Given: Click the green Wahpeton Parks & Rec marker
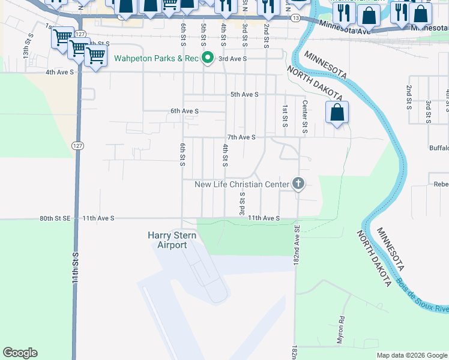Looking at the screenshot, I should tap(208, 58).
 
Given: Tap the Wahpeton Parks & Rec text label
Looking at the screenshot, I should tap(157, 59).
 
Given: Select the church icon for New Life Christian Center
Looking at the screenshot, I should tap(298, 184).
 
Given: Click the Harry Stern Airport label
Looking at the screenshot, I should tap(172, 240).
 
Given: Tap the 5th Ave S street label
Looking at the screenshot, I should tap(244, 94).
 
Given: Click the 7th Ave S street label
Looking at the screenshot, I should tap(241, 137).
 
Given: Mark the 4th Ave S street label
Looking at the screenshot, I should tap(59, 72).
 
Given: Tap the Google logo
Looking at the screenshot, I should tap(20, 353).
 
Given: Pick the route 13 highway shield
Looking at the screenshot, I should tap(295, 19).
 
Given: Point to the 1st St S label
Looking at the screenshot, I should tap(285, 116).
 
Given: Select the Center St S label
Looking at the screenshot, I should tap(305, 117).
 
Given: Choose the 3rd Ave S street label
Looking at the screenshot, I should tap(233, 59).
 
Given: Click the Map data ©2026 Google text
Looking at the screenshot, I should tap(411, 355).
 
